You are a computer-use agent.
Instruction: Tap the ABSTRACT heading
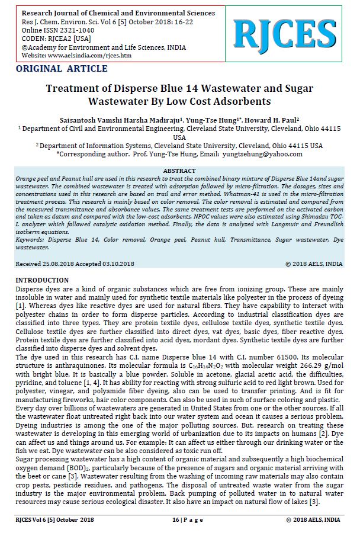(x=179, y=171)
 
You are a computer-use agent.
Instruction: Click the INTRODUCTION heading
(x=42, y=280)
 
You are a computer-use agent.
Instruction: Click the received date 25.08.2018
(x=66, y=263)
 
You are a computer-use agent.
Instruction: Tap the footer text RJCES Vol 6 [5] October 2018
(x=54, y=520)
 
